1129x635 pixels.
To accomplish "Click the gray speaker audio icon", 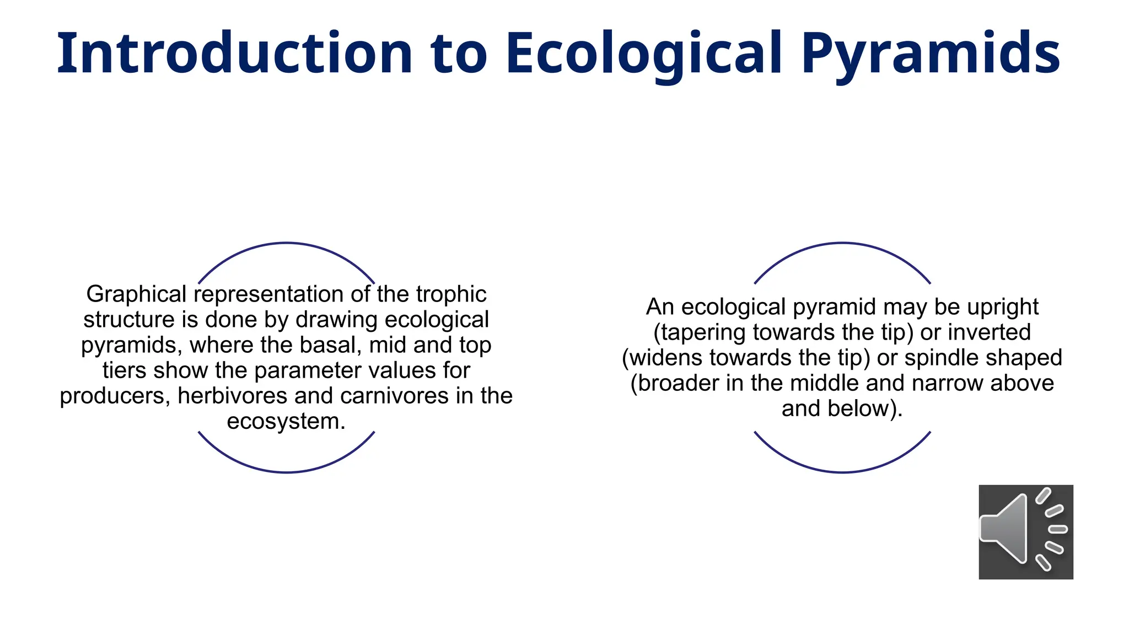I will point(1025,532).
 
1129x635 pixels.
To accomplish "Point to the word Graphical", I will point(136,294).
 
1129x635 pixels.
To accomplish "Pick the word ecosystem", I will point(286,421).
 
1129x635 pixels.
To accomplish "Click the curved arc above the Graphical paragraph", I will point(286,243).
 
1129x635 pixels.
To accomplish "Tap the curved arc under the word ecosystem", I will point(286,472).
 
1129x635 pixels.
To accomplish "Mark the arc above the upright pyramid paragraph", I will point(842,243).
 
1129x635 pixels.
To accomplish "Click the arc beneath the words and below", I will point(842,472).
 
